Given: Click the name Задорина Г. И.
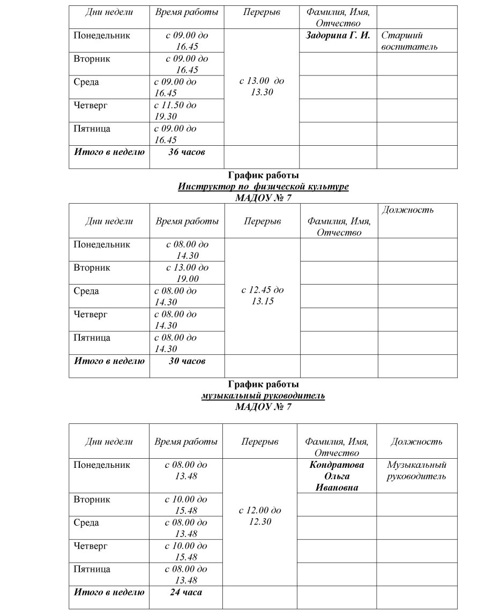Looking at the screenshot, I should click(338, 36).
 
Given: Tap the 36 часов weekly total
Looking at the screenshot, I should click(187, 152).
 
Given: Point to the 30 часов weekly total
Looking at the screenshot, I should click(187, 361).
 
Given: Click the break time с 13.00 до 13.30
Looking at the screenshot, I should click(262, 86).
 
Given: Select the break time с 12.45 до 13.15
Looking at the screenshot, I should click(263, 295).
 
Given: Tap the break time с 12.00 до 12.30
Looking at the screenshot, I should click(260, 516).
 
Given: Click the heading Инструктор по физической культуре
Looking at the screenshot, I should click(263, 186).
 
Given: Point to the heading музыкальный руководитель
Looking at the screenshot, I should click(263, 395).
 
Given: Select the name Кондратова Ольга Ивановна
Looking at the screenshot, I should click(337, 476).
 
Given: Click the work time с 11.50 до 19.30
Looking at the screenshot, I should click(175, 110).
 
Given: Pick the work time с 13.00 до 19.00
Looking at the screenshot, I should click(187, 273).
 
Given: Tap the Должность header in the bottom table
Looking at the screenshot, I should click(416, 442).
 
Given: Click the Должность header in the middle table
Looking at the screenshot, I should click(407, 210).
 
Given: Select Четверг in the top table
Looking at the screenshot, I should click(91, 105).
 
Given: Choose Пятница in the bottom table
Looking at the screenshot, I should click(92, 569).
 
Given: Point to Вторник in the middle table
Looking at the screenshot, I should click(92, 267).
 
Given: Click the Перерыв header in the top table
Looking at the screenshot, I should click(262, 12).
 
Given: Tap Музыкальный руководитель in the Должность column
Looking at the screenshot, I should click(416, 470).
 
